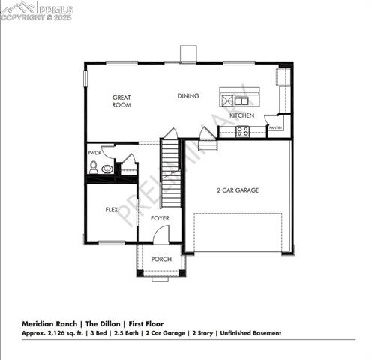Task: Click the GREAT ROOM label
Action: click(121, 101)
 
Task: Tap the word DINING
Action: click(187, 95)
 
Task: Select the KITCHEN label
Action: click(241, 115)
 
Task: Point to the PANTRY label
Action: click(275, 127)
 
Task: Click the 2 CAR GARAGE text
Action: click(238, 190)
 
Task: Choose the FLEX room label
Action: click(112, 210)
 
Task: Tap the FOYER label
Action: click(159, 218)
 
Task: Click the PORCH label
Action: click(161, 259)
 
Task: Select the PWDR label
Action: click(94, 153)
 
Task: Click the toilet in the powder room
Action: click(94, 166)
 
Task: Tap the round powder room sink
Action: click(107, 169)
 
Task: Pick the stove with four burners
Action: click(242, 130)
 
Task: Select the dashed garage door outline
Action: click(237, 232)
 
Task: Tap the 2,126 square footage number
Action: click(57, 332)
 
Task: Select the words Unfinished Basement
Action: click(251, 332)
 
